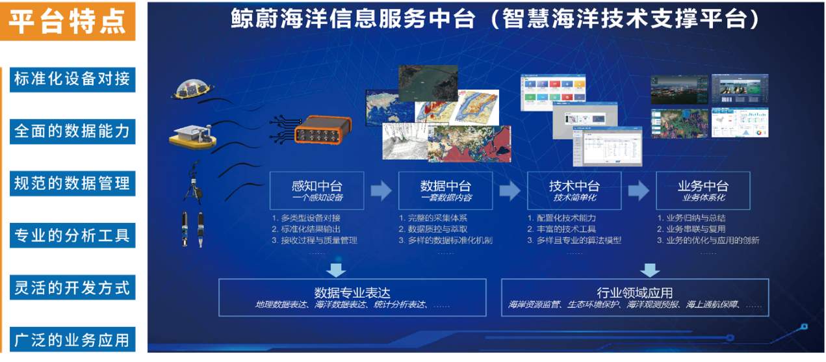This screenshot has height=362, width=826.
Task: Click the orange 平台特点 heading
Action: point(68,21)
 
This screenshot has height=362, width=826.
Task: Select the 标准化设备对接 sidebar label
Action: point(72,79)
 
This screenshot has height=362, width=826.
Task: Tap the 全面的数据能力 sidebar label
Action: point(72,131)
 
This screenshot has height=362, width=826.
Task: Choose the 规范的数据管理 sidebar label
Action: point(72,183)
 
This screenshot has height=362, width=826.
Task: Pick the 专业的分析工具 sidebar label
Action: point(72,235)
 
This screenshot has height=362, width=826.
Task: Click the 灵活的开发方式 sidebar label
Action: point(72,287)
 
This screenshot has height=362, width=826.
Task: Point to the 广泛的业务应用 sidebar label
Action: point(72,339)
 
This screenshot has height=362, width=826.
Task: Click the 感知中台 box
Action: point(316,190)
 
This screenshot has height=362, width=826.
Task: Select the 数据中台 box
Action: point(445,190)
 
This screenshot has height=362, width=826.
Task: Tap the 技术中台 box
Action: point(574,190)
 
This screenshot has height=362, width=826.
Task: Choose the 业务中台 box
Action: point(703,190)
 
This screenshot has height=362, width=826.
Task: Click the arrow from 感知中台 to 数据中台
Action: point(381,190)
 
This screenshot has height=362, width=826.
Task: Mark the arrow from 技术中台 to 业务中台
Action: point(638,190)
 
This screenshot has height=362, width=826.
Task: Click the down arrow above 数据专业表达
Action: point(337,268)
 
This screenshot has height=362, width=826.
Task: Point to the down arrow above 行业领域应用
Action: point(650,268)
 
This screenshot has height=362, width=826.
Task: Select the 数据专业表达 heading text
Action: point(352,292)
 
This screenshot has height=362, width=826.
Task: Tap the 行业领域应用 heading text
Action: point(634,292)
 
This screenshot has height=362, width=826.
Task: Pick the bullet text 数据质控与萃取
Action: point(437,229)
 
